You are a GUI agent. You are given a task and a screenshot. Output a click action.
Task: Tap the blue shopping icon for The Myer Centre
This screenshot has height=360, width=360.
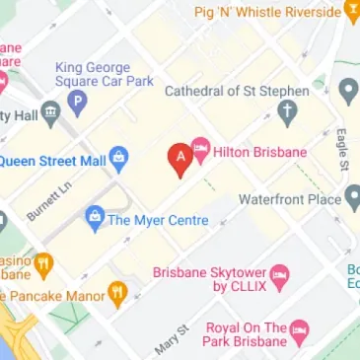point(95,215)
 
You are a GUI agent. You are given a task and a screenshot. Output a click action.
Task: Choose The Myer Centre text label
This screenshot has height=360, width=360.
point(160,219)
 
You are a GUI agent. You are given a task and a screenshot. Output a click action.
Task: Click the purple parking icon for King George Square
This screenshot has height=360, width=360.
point(77,100)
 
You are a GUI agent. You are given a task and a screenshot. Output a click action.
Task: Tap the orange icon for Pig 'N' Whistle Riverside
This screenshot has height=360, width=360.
point(352,13)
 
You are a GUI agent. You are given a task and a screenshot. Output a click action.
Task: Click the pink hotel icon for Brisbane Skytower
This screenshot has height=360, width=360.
point(279,279)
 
